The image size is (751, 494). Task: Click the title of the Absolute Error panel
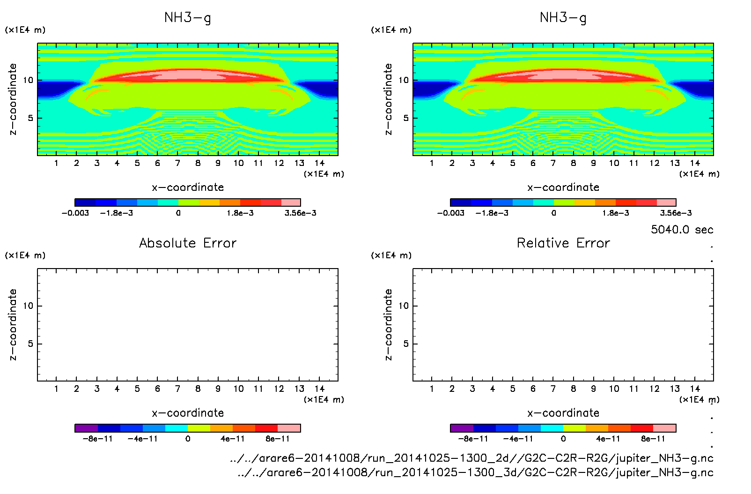pos(188,243)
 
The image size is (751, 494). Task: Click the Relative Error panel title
pos(563,243)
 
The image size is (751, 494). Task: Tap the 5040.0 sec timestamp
pos(682,230)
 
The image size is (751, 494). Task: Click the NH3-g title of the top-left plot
pos(188,18)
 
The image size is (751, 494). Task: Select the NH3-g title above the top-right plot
pos(563,18)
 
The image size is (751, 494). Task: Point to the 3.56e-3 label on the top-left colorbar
pos(300,213)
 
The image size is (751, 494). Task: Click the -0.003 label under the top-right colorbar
pos(450,213)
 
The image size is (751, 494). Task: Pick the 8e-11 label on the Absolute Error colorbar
pos(278,439)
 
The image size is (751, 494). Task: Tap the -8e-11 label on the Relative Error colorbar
pos(473,439)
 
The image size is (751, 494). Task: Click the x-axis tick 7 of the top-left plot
pos(177,163)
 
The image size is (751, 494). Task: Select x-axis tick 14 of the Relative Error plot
pos(695,389)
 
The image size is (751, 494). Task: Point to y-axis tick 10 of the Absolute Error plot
pos(28,306)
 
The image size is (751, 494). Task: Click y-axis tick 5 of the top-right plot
pos(406,118)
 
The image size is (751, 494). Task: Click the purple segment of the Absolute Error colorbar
pos(86,428)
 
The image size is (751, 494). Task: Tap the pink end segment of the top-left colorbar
pos(291,202)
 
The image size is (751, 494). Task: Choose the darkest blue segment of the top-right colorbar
pos(460,202)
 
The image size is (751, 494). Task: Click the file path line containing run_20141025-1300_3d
pos(475,472)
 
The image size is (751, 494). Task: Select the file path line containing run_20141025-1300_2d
pos(471,458)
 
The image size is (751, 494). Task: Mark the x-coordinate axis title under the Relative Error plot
pos(563,413)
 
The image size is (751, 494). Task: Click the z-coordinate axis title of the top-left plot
pos(13,99)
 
